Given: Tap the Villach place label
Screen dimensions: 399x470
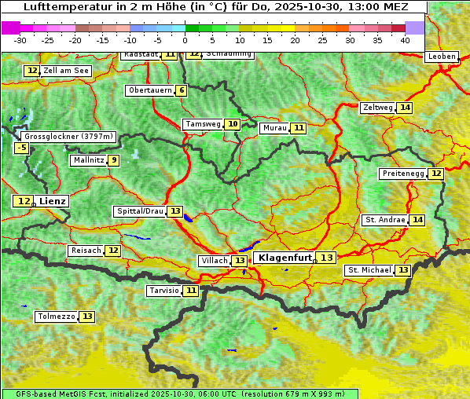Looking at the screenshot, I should (x=214, y=261).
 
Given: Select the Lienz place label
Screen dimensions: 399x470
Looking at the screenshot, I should (x=53, y=201).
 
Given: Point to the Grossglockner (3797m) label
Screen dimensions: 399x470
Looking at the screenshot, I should (x=69, y=136).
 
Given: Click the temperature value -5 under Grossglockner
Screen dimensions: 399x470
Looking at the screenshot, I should (x=22, y=148).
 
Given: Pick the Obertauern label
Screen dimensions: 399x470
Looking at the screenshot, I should (x=150, y=90).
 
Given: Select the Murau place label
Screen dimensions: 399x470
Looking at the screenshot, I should (x=274, y=128).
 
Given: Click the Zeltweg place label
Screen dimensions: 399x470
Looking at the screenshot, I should (x=377, y=108).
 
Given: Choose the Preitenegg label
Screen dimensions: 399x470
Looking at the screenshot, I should (x=402, y=174).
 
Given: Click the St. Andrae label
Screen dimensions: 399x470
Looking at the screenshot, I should (x=384, y=220).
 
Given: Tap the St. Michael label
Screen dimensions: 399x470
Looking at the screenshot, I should (x=369, y=270).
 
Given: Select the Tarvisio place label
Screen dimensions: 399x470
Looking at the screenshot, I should (x=164, y=291).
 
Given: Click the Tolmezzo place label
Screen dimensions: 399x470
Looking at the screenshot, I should (x=57, y=317).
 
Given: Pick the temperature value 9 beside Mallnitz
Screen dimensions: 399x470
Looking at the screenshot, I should (x=114, y=160).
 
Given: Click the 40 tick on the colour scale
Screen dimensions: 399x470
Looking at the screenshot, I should (x=405, y=39).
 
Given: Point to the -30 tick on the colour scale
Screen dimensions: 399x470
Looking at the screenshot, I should (x=20, y=39).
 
